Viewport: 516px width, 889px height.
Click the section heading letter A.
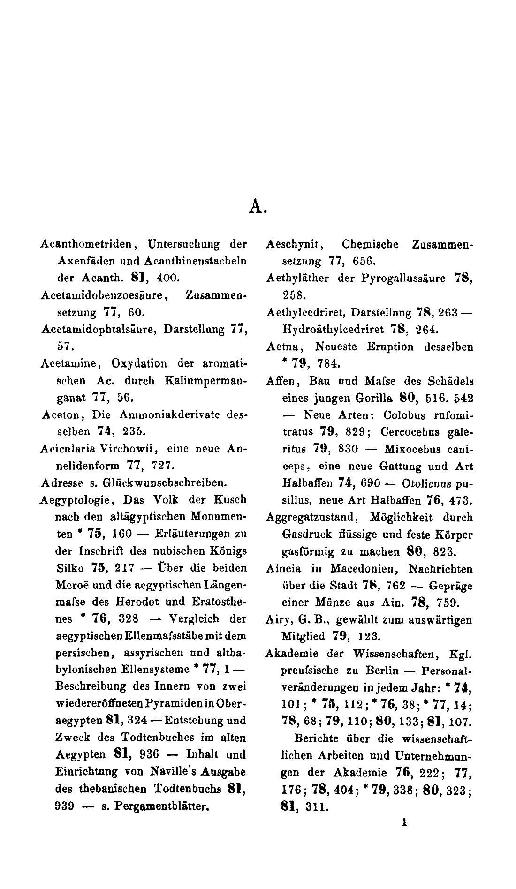coord(257,206)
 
